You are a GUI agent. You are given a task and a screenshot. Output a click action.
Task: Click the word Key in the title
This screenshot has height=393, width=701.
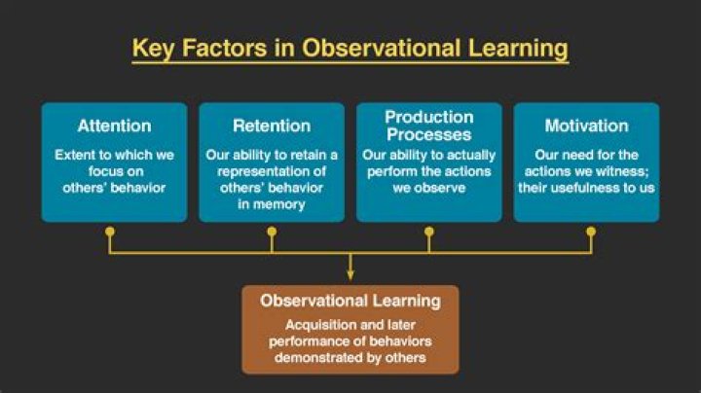[x=153, y=49]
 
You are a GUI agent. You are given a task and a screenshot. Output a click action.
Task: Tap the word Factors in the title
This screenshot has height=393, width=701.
[x=225, y=48]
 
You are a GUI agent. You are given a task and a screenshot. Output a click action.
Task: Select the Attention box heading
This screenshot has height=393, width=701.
[x=115, y=125]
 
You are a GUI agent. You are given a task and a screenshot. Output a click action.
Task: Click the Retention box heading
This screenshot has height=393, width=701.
[x=272, y=125]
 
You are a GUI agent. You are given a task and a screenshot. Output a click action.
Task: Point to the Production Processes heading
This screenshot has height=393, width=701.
[x=429, y=125]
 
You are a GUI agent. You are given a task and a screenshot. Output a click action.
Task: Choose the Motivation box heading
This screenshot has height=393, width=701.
[x=586, y=125]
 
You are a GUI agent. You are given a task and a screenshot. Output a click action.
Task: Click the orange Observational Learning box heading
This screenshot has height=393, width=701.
[x=350, y=301]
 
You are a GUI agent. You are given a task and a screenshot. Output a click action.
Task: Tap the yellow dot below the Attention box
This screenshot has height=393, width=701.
[x=110, y=232]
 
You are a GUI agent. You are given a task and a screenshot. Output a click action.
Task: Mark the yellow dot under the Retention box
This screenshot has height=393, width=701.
[x=272, y=232]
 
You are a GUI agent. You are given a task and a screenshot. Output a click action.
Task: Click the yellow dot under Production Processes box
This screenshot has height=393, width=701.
[x=429, y=232]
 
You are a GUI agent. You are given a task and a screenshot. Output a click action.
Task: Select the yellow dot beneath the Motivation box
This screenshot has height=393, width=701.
[x=591, y=232]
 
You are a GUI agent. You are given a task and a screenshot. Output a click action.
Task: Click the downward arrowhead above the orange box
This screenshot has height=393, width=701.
[x=350, y=274]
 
